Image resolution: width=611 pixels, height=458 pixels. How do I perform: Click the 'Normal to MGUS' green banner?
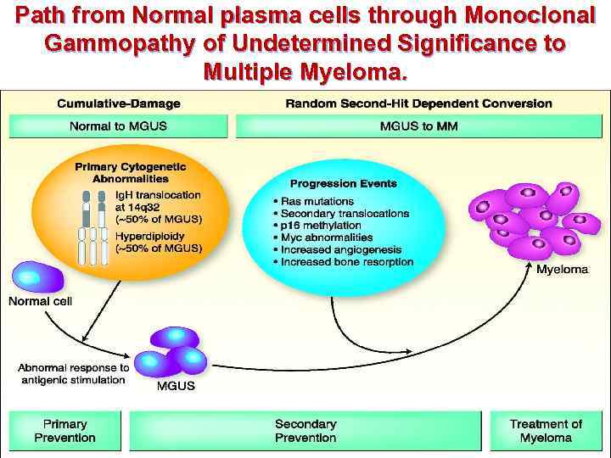click(118, 126)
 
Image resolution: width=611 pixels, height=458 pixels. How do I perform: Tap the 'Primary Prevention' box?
click(64, 431)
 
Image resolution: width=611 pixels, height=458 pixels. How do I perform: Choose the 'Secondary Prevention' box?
click(305, 431)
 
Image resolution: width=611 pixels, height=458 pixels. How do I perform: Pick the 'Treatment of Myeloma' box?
click(546, 431)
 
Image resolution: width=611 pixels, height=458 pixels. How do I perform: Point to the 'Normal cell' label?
click(40, 301)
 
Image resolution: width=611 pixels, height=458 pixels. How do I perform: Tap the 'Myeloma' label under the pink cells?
click(562, 269)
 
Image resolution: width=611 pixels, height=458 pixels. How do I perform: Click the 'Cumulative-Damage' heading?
click(118, 103)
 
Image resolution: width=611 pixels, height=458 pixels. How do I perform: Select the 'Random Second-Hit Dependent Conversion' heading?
click(418, 103)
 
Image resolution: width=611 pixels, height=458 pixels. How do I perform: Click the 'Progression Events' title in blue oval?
click(343, 183)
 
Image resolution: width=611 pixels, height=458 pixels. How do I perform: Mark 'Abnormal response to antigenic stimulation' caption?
click(73, 373)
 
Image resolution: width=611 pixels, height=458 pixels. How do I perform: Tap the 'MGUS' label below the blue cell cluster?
click(176, 386)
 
